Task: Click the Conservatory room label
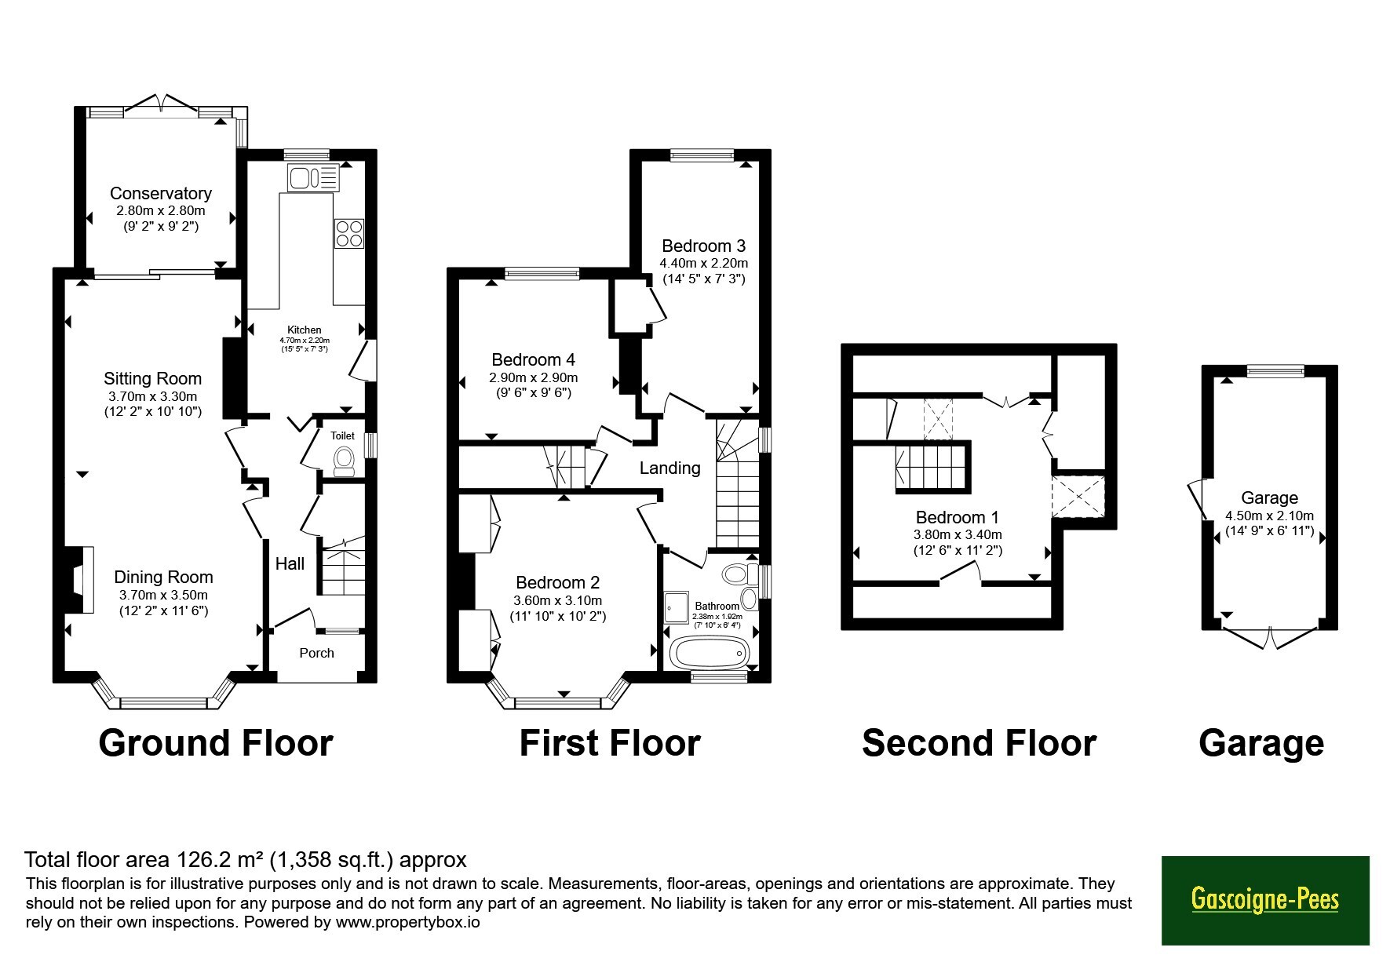click(x=161, y=193)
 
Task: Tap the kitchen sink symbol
click(x=313, y=177)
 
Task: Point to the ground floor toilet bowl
click(x=345, y=461)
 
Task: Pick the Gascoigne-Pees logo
click(x=1265, y=899)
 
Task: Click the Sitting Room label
click(x=153, y=378)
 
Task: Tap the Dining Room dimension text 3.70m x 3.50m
click(x=163, y=595)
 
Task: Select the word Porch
click(x=317, y=653)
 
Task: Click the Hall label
click(x=290, y=563)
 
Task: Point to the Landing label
click(x=669, y=468)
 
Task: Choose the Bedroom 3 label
click(x=703, y=246)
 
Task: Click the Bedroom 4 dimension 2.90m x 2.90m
click(x=534, y=377)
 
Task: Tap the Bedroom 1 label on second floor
click(x=958, y=517)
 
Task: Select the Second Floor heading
click(x=979, y=743)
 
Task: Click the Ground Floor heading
click(x=216, y=743)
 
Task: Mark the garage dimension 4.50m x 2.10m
click(x=1269, y=516)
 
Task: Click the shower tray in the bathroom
click(x=676, y=605)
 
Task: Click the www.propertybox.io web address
click(x=407, y=922)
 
